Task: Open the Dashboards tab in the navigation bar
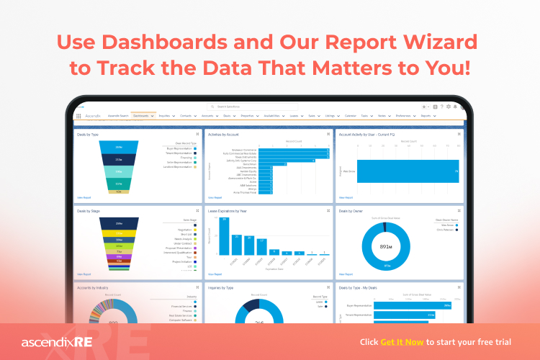141,115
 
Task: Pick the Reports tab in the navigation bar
426,115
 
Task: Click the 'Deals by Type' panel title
88,133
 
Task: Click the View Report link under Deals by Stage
84,274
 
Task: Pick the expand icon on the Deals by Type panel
197,133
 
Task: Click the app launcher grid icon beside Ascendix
78,115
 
